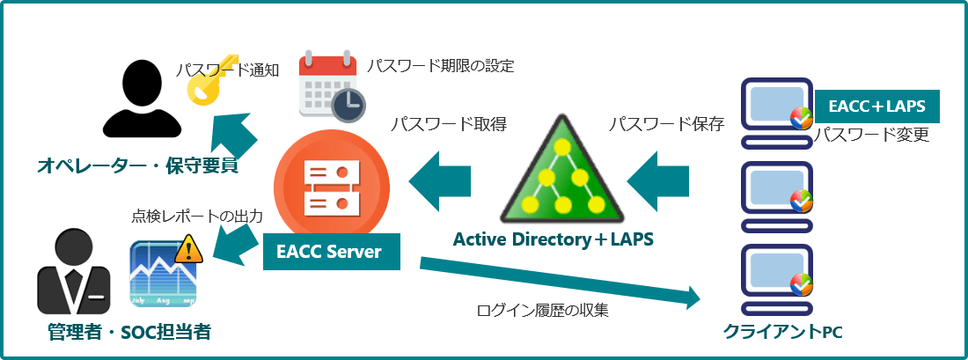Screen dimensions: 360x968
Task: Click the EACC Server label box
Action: [330, 252]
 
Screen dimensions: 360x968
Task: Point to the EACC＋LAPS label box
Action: [876, 107]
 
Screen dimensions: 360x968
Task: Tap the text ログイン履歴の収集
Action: [542, 310]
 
